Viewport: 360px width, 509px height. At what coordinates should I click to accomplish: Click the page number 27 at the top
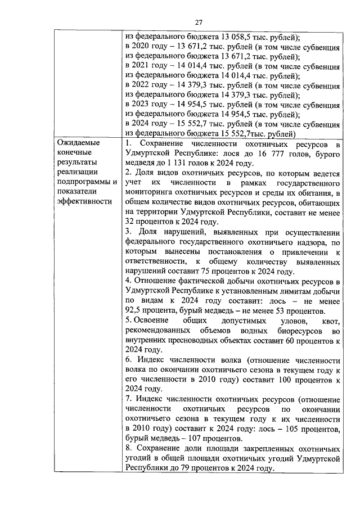pyautogui.click(x=199, y=22)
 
